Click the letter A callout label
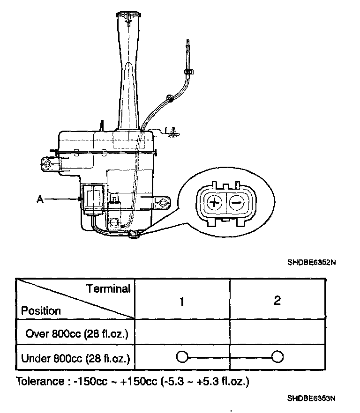[x=40, y=199]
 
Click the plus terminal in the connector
[x=214, y=203]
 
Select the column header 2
[x=277, y=300]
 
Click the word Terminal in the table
[x=108, y=289]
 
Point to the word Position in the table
[x=41, y=311]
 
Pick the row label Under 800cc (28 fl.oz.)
[x=75, y=359]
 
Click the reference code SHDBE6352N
[x=311, y=263]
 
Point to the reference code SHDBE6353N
[x=311, y=398]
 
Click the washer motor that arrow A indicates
[x=92, y=199]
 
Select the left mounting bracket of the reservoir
[x=48, y=163]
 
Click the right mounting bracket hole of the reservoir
[x=164, y=202]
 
